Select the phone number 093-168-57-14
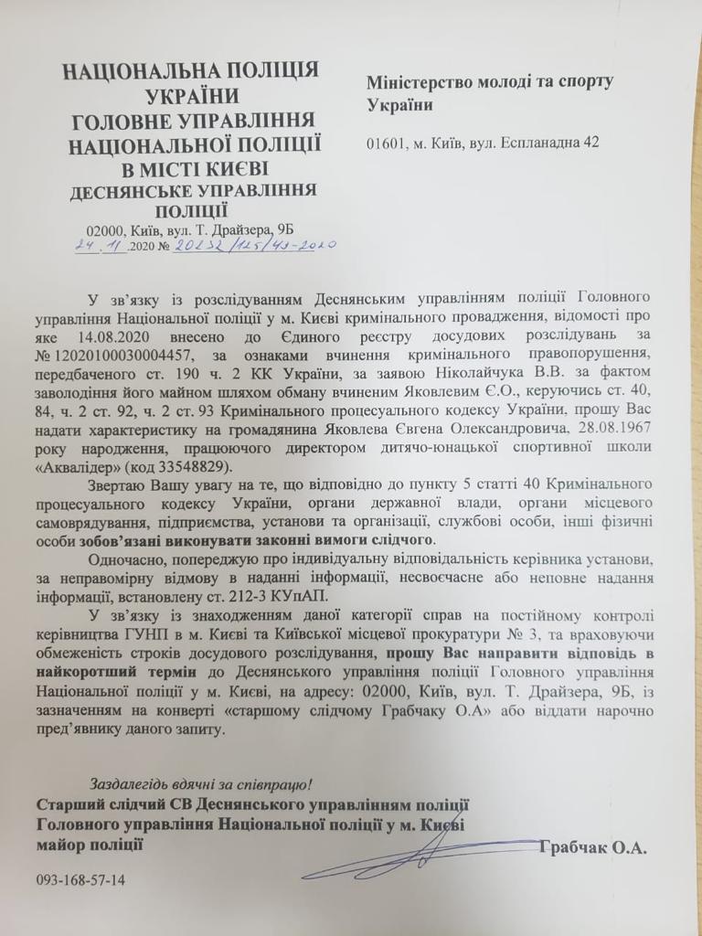(80, 880)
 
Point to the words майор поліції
(90, 842)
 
